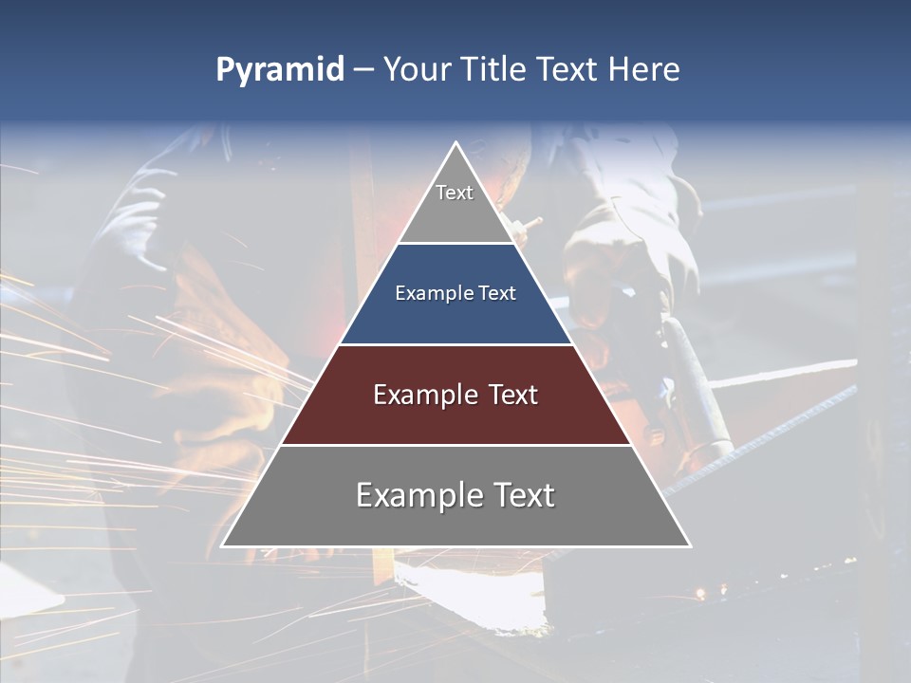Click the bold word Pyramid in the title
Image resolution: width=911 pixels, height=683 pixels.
tap(279, 70)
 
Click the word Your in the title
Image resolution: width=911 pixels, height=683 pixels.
tap(418, 69)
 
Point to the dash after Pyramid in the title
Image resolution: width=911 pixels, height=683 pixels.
tap(363, 70)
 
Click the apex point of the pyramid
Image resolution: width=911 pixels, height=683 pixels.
tap(455, 143)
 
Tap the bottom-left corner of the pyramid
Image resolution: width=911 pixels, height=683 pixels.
tap(223, 545)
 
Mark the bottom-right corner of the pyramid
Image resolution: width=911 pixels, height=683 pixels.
tap(689, 545)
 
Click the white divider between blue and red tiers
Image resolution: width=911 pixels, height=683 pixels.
tap(455, 344)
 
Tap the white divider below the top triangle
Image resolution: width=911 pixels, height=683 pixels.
tap(455, 243)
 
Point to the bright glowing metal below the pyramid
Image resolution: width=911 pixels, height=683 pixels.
tap(465, 588)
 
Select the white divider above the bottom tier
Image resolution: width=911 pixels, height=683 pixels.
tap(455, 445)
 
